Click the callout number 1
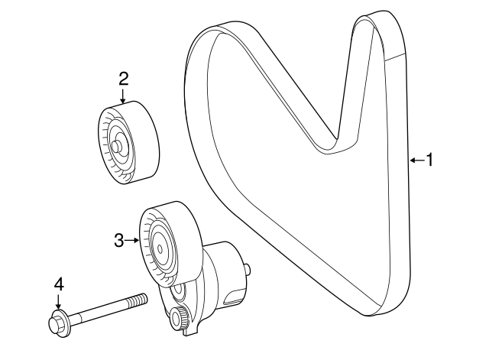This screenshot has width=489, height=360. pyautogui.click(x=429, y=160)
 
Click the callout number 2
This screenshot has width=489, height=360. pyautogui.click(x=124, y=79)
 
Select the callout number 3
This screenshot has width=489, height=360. pyautogui.click(x=119, y=241)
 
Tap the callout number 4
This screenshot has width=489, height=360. pyautogui.click(x=59, y=285)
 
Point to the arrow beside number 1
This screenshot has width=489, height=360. pyautogui.click(x=417, y=161)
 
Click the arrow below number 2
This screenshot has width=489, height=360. pyautogui.click(x=124, y=96)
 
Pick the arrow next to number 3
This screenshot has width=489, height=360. pyautogui.click(x=132, y=240)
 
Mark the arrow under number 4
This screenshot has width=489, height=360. pyautogui.click(x=58, y=301)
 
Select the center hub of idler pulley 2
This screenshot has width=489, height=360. pyautogui.click(x=117, y=145)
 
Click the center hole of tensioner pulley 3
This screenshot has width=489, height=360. pyautogui.click(x=160, y=248)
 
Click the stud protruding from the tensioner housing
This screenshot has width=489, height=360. pyautogui.click(x=247, y=269)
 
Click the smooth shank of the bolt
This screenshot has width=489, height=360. pyautogui.click(x=100, y=312)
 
